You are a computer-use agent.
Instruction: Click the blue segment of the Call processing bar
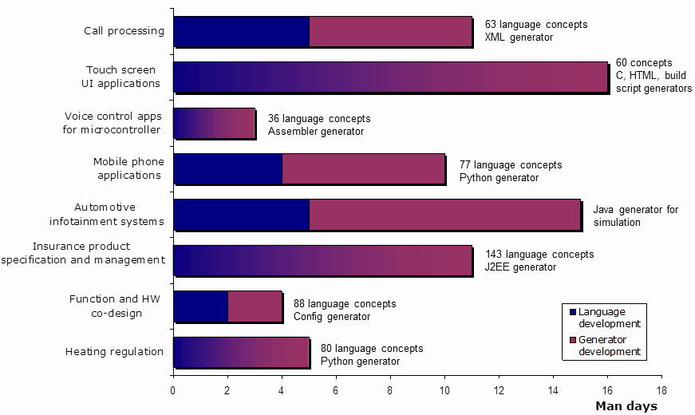pos(241,31)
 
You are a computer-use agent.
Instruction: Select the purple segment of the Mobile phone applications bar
pos(363,169)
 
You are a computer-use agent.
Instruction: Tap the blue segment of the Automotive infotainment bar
pos(241,215)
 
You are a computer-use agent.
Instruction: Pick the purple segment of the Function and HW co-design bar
pos(255,306)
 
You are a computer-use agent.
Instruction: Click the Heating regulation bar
pos(240,352)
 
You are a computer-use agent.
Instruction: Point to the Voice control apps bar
pos(213,124)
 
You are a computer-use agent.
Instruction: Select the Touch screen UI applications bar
pos(390,77)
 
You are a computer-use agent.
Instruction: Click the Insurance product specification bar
pos(322,261)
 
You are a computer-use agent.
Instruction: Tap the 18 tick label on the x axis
pos(661,390)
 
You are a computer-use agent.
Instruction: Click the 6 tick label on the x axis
pos(336,390)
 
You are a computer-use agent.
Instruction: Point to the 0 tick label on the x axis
pos(173,390)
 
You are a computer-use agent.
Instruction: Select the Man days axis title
pos(626,406)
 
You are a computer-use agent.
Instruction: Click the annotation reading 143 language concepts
pos(539,255)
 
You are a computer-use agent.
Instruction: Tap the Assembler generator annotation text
pos(316,132)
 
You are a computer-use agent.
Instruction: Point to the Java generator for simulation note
pos(636,215)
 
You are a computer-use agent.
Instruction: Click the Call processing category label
pos(124,31)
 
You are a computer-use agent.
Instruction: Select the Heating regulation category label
pos(114,352)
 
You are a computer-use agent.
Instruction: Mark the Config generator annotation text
pos(332,317)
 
